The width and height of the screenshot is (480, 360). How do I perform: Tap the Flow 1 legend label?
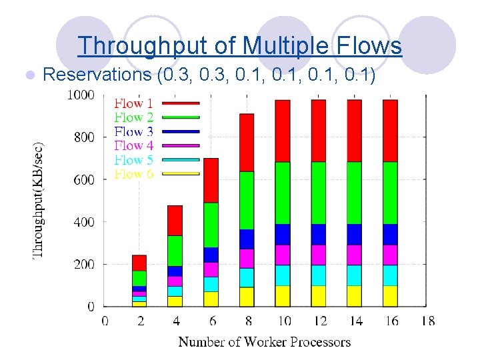click(133, 103)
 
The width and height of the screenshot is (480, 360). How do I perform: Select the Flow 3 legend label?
click(133, 131)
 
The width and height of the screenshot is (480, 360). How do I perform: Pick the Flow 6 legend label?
click(133, 174)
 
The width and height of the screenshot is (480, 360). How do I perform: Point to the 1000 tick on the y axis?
click(81, 95)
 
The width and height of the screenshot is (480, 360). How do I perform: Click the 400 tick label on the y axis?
click(84, 222)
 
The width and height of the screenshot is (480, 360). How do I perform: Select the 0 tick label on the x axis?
click(105, 321)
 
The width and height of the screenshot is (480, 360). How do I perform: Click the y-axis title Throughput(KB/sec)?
click(39, 199)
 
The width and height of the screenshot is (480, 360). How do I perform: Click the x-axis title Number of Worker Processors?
click(264, 342)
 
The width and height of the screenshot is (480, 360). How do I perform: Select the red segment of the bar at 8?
click(247, 142)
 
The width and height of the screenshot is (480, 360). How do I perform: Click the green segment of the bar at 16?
click(391, 193)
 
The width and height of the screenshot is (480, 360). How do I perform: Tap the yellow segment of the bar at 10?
click(283, 295)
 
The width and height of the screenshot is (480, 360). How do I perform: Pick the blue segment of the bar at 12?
click(319, 234)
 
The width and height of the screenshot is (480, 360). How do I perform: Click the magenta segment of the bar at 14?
click(355, 255)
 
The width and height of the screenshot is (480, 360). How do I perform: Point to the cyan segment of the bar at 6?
click(211, 284)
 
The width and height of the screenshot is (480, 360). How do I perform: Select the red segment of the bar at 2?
click(139, 263)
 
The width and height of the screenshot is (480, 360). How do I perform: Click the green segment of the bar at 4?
click(175, 251)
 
